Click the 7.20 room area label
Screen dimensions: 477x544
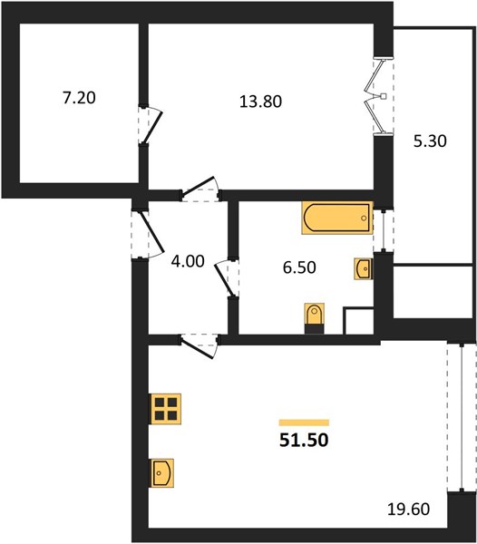tap(79, 98)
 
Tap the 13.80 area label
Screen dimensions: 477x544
tap(260, 102)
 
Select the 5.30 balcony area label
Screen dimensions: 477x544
tap(430, 141)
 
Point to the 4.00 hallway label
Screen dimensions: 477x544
tap(188, 261)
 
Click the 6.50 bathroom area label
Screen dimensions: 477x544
tap(299, 267)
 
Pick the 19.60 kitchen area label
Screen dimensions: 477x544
tap(408, 510)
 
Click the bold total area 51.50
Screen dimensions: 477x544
tap(304, 440)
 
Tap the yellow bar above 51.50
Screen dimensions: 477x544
tap(304, 423)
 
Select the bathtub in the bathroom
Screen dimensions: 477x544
tap(337, 218)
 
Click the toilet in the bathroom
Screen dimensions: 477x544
tap(315, 318)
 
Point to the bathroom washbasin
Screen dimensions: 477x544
tap(364, 268)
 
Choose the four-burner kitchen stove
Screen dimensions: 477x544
tap(165, 409)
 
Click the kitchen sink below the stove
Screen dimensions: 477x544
tap(161, 473)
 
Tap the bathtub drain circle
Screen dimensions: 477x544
tap(364, 219)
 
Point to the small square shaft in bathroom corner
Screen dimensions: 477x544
tap(358, 321)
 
